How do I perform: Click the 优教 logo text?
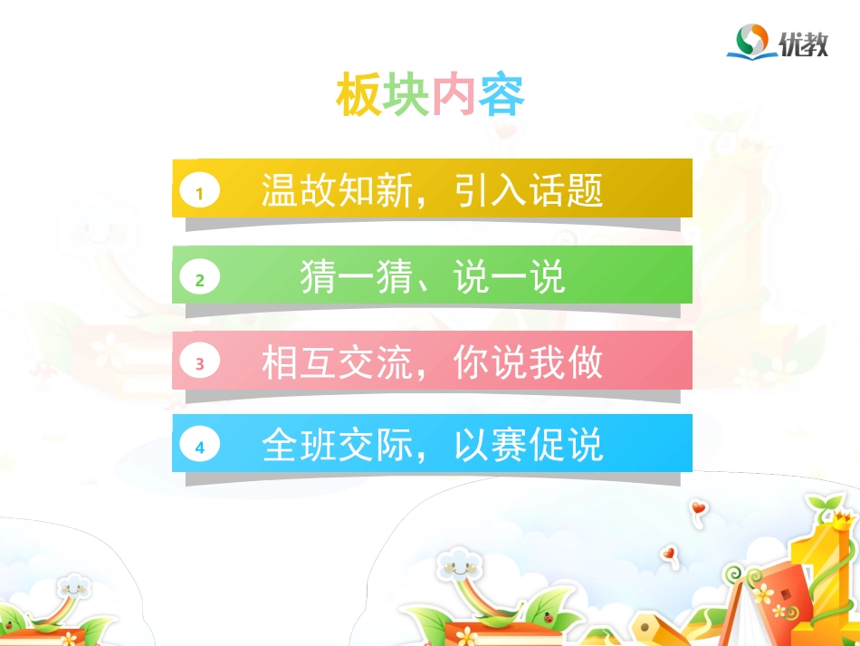coord(803,43)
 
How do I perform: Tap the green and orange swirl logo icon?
coord(750,41)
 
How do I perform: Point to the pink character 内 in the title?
coord(454,95)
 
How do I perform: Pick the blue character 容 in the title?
coord(502,95)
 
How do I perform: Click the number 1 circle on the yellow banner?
coord(200,192)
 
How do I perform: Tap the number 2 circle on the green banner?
coord(200,280)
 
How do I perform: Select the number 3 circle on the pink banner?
coord(200,364)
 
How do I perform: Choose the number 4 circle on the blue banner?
coord(200,448)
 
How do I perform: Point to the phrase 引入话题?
coord(530,190)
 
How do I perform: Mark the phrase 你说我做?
coord(530,363)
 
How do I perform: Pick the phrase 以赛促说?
coord(530,446)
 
